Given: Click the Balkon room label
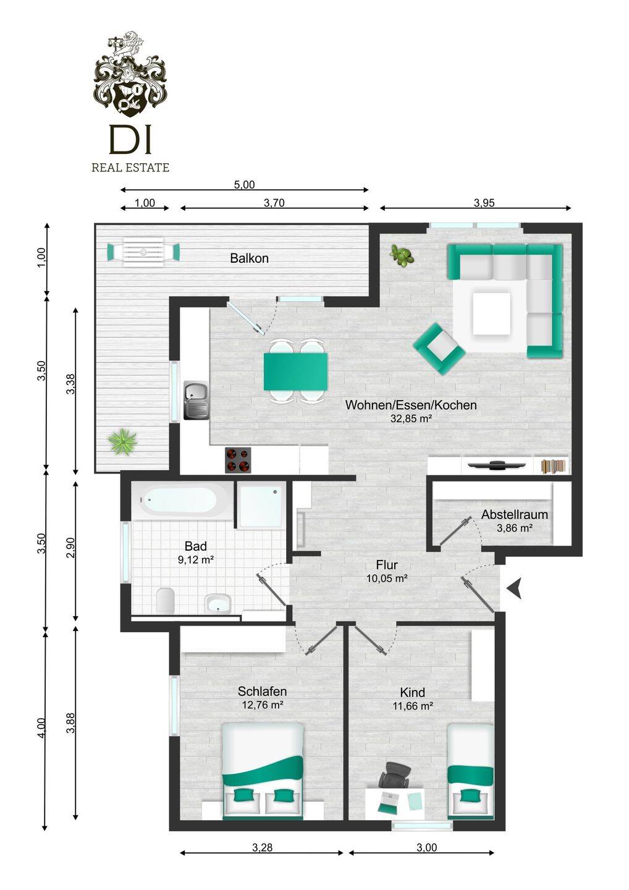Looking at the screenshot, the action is click(250, 258).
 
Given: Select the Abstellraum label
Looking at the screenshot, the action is click(514, 514).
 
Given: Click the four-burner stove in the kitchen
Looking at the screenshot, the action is click(238, 460).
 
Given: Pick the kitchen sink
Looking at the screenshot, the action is click(196, 400).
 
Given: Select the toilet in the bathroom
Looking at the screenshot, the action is click(166, 600).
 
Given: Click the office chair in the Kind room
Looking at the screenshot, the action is click(395, 775).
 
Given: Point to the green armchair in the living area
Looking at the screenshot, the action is click(439, 348).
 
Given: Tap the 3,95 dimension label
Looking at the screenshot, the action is click(484, 203).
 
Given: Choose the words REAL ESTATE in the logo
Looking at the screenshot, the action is click(130, 167).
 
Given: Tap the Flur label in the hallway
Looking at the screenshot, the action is click(387, 565).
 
